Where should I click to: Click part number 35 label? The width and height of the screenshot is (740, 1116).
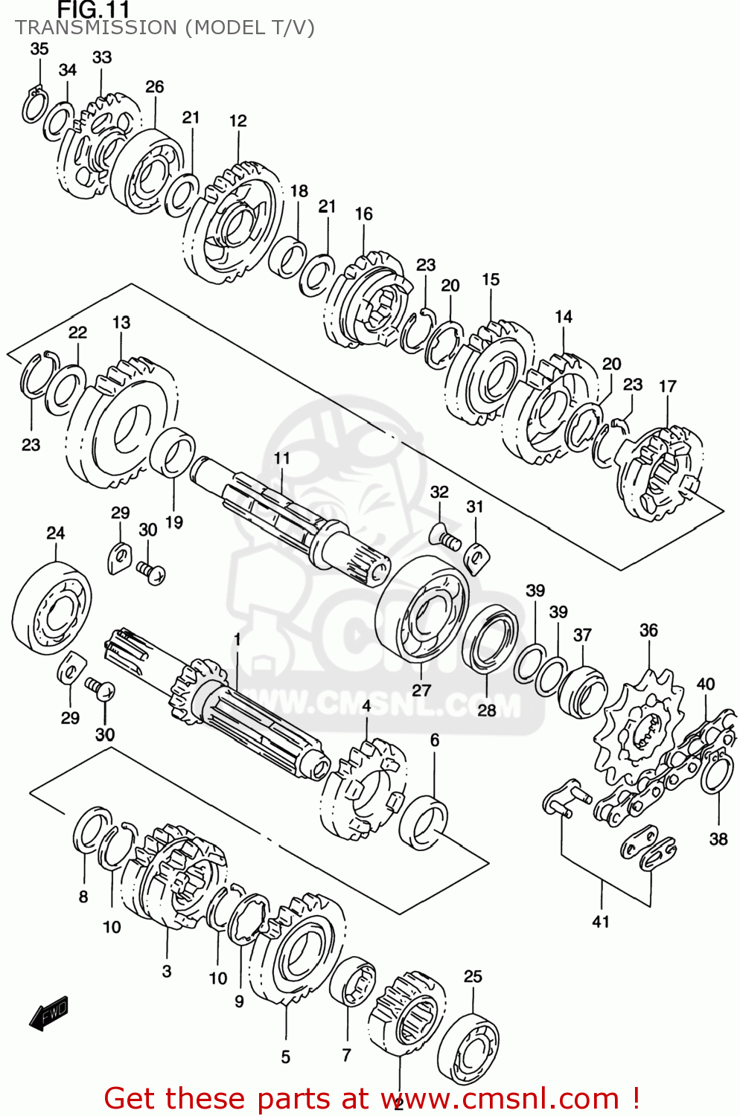39,48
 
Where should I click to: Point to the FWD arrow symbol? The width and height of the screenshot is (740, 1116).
49,1013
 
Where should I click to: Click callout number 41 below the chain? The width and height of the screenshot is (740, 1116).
601,921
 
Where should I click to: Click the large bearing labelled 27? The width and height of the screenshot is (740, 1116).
422,609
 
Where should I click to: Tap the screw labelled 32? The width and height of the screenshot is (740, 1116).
445,537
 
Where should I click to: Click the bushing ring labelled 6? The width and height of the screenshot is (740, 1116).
424,822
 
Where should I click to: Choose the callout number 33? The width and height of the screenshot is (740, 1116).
102,57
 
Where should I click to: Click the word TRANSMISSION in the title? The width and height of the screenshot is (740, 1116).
95,28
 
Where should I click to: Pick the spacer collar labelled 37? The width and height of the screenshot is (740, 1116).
582,692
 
